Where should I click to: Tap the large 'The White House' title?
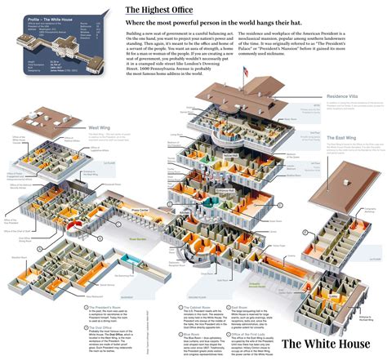[325, 343]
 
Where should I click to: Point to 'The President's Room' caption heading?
[104, 307]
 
